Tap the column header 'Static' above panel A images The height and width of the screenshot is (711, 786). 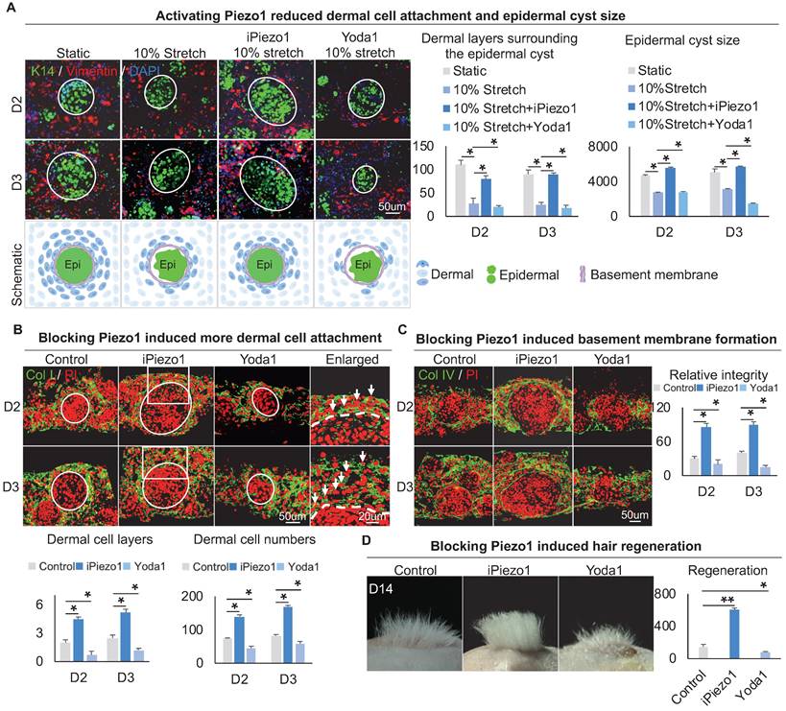73,45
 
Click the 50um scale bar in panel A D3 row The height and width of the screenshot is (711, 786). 389,205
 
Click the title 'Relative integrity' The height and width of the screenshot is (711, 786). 712,371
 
